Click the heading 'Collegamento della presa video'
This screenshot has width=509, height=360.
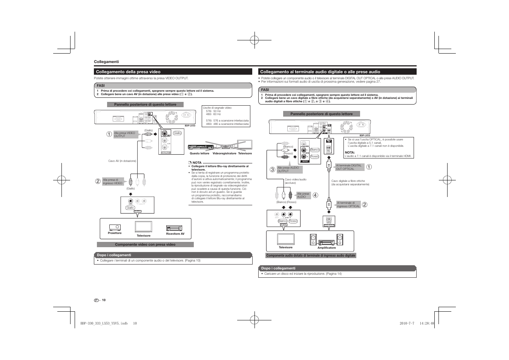coord(128,72)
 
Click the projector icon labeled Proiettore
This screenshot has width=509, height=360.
coord(115,227)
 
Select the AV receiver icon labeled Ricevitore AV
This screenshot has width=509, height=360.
coord(174,228)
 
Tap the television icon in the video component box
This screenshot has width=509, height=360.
coord(143,227)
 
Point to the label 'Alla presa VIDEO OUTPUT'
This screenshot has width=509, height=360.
coord(125,134)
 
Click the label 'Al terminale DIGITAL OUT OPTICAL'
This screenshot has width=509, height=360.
coord(349,167)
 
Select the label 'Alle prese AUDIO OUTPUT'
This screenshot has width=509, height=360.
coord(289,169)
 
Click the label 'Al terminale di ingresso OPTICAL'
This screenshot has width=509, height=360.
coord(348,205)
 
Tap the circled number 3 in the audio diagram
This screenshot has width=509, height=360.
coord(272,170)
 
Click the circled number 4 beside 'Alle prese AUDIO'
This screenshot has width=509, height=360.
coord(315,195)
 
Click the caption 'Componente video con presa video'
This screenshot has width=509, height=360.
coord(145,245)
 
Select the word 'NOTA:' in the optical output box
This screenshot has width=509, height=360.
coord(350,152)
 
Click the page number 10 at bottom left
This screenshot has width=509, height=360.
coord(104,300)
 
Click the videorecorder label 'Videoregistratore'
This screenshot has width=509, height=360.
coord(224,154)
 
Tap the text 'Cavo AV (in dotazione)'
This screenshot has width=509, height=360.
coord(122,161)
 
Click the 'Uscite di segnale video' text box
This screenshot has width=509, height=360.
coord(226,116)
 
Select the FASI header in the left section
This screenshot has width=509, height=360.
coord(101,86)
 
